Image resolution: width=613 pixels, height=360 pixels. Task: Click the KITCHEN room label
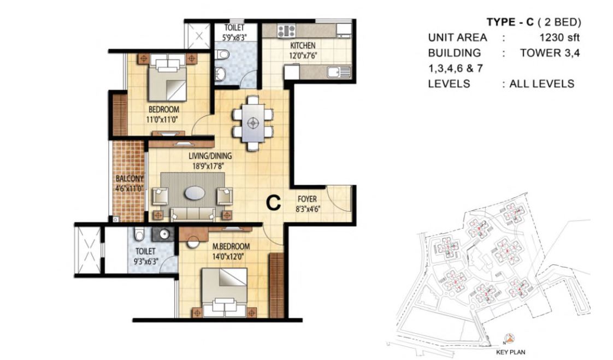tap(302, 45)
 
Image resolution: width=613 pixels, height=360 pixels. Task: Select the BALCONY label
tap(129, 179)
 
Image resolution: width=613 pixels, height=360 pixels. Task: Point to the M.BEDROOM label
tap(231, 246)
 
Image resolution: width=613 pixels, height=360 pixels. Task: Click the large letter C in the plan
tap(273, 203)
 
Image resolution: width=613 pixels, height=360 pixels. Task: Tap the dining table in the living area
tap(252, 123)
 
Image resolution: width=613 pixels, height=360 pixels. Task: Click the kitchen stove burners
tap(286, 31)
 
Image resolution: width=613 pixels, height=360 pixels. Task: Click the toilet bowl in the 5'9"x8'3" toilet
tap(221, 55)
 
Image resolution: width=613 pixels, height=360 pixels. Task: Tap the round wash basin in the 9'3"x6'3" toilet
tap(162, 234)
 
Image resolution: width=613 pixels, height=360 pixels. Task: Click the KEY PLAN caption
tap(510, 352)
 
